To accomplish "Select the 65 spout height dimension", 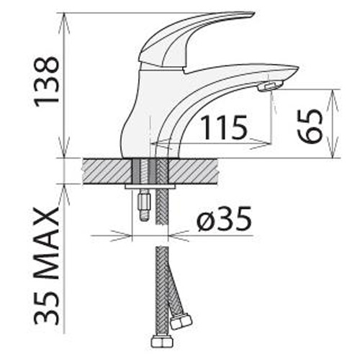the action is click(x=310, y=127).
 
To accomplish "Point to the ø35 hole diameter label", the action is click(x=224, y=218).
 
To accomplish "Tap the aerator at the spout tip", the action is click(x=270, y=86).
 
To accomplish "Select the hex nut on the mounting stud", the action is click(x=145, y=201).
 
